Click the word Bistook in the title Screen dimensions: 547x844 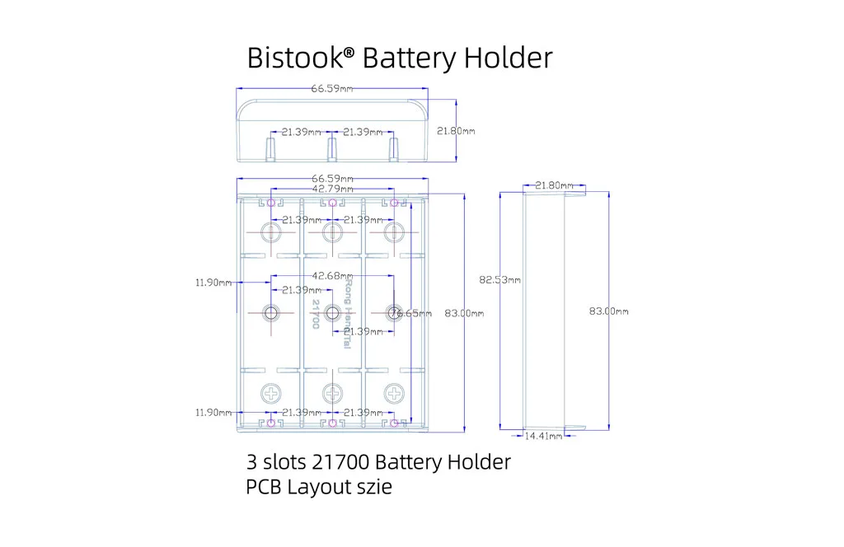[294, 58]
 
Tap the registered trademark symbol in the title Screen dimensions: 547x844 [349, 52]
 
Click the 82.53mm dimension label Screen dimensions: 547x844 [500, 280]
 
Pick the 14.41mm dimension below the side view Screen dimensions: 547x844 [544, 435]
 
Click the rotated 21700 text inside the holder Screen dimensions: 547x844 [315, 314]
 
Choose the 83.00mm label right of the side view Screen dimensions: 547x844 [608, 311]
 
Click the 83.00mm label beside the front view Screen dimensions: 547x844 [464, 313]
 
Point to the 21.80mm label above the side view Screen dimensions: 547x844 [554, 186]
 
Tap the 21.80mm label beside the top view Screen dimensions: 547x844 [455, 131]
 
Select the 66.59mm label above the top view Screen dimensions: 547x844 [332, 88]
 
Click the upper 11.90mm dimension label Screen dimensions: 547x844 [213, 283]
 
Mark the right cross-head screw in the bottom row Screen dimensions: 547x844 [393, 391]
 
